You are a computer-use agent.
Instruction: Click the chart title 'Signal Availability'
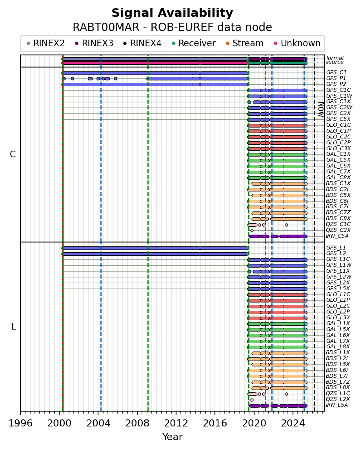(172, 13)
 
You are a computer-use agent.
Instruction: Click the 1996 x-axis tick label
(20, 424)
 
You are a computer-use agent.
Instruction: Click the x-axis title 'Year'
(172, 437)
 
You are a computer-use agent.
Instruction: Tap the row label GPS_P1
(336, 78)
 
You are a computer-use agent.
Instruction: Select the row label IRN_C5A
(337, 236)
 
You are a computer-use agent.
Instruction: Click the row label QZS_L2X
(338, 399)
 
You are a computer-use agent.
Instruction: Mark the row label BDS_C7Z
(338, 213)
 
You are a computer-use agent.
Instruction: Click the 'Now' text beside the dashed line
(321, 109)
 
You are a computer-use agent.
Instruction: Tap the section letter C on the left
(13, 155)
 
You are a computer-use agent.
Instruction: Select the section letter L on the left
(14, 326)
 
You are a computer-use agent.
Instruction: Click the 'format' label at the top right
(335, 58)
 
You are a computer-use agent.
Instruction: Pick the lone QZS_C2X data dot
(252, 230)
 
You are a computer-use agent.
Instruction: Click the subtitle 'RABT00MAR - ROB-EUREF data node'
(172, 27)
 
